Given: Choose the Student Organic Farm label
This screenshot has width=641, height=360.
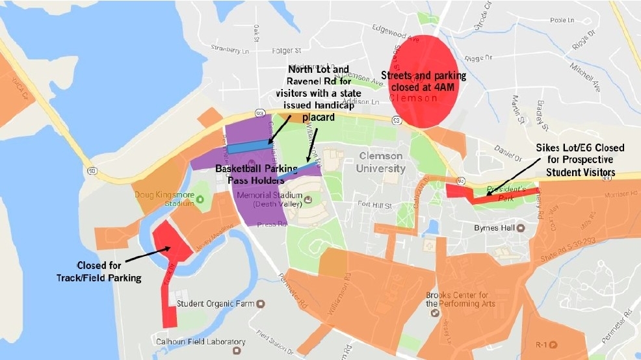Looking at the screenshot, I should (217, 303).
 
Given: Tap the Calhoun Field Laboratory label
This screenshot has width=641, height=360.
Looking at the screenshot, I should (200, 342).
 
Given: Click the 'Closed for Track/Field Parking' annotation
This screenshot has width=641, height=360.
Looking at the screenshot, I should (107, 271).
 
